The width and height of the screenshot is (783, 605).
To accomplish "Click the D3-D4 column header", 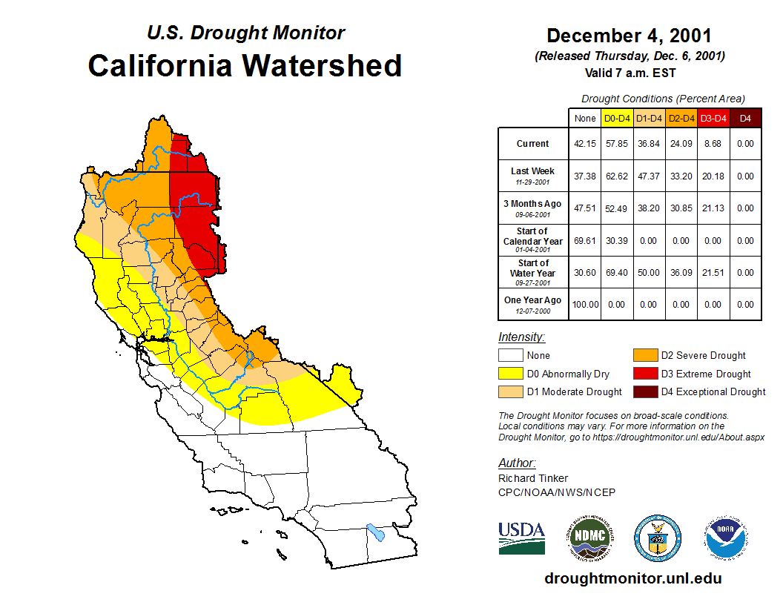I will (x=713, y=118).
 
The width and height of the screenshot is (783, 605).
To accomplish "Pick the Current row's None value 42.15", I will (x=585, y=144).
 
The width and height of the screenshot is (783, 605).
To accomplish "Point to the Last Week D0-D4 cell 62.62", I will (x=617, y=176).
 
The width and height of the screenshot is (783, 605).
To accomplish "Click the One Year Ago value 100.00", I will (x=585, y=304).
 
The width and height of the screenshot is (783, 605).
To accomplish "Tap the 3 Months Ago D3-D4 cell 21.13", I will (x=713, y=208).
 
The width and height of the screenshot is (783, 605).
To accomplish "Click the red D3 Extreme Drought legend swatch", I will (x=644, y=374).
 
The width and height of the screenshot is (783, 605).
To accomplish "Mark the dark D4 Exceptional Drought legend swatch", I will (x=644, y=391).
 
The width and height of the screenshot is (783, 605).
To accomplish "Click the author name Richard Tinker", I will (x=532, y=478).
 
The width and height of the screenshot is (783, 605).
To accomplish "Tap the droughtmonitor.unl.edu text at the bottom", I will (x=632, y=578).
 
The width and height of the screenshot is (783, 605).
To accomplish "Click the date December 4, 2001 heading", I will (x=629, y=36).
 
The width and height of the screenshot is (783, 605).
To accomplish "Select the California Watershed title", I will (x=245, y=65).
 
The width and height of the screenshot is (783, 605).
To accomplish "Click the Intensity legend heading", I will (x=521, y=337).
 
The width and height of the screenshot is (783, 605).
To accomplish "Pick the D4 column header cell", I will (x=745, y=118).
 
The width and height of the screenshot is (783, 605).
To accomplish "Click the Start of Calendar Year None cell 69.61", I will (x=585, y=241).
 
